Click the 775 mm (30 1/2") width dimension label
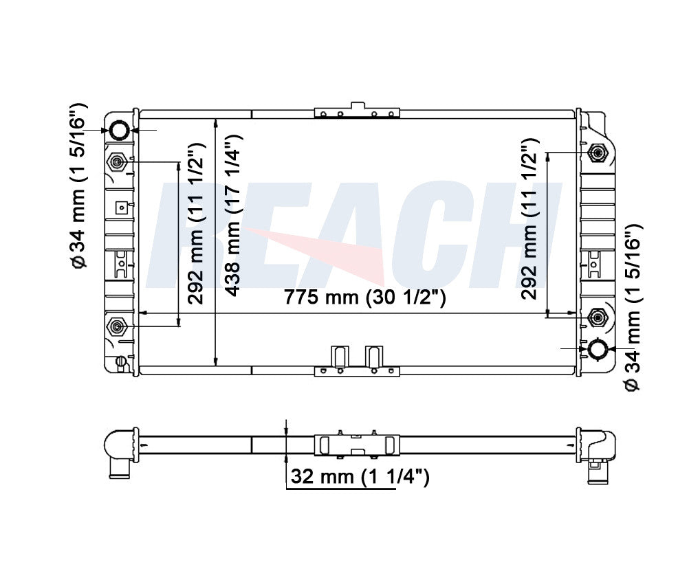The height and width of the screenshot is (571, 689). [x=364, y=298]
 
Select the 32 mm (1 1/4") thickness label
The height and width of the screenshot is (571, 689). [x=360, y=476]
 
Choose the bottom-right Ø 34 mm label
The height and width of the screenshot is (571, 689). [x=633, y=307]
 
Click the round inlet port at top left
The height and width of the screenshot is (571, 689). [x=120, y=130]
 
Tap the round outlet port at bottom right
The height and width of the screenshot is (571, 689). [x=598, y=349]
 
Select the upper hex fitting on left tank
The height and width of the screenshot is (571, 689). [x=117, y=162]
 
